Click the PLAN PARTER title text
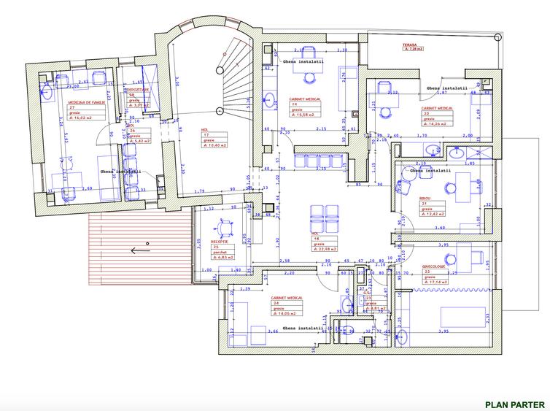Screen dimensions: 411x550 (514, 404)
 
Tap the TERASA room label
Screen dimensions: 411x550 (409, 45)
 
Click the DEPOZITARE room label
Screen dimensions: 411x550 (139, 90)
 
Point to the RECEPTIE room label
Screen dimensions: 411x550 (220, 241)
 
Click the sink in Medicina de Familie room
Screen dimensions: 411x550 (47, 92)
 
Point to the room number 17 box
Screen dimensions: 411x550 (207, 135)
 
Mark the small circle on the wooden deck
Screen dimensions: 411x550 (147, 242)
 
